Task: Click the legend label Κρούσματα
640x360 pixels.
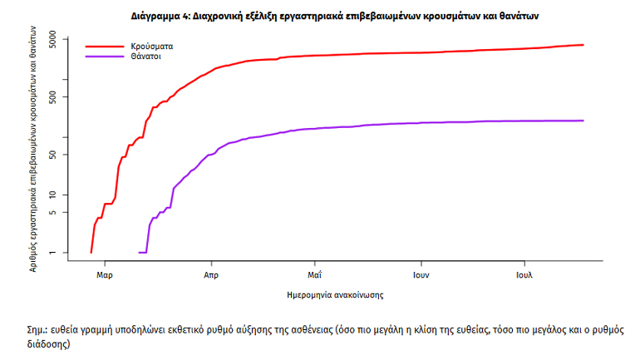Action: [x=151, y=47]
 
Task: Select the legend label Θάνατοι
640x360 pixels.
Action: [x=145, y=57]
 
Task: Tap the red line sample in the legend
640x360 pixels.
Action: [x=103, y=47]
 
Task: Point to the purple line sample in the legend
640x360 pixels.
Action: [x=103, y=57]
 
